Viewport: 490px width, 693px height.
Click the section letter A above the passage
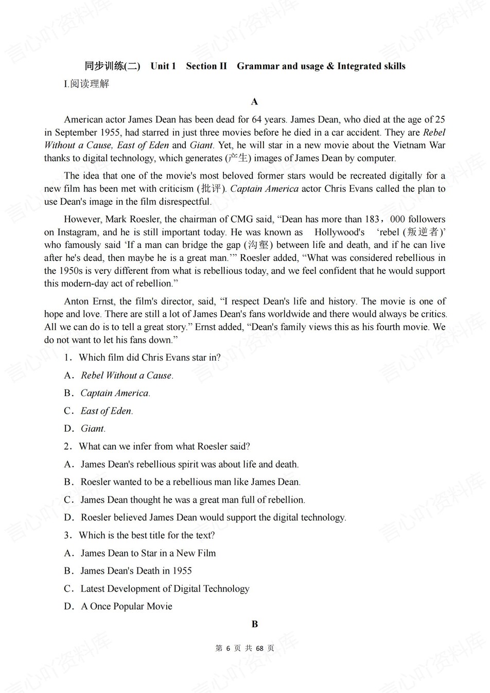(254, 102)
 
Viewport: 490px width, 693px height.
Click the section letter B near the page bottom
(254, 624)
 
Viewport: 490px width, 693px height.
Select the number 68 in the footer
(259, 648)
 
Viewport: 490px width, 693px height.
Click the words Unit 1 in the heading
(163, 66)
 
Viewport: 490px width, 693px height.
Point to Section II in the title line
(206, 66)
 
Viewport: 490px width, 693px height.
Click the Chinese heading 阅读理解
(90, 84)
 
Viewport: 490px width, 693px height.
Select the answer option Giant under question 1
(93, 429)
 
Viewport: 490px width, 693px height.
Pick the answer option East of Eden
(107, 411)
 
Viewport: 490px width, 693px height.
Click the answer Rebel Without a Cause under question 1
(127, 376)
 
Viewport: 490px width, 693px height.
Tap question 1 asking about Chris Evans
(149, 358)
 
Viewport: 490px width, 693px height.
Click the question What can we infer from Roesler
(164, 446)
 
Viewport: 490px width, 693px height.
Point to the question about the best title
(147, 535)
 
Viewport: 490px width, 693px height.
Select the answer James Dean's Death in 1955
(136, 571)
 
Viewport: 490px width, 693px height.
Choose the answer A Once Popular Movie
(126, 606)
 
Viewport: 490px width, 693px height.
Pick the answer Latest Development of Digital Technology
(165, 589)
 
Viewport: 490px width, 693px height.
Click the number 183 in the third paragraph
(371, 219)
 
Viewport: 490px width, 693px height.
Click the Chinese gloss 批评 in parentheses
(211, 188)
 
